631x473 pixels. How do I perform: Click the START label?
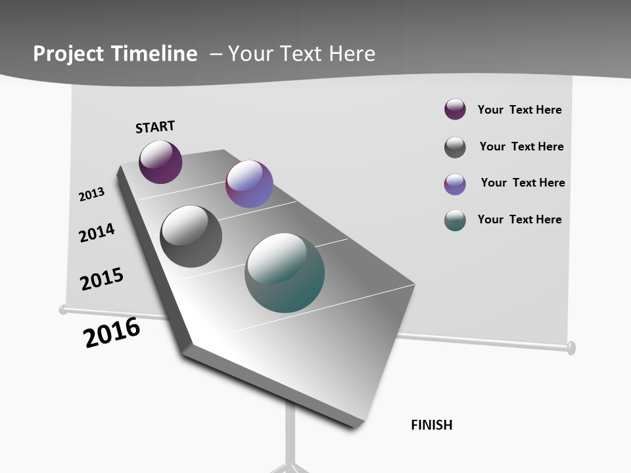click(155, 126)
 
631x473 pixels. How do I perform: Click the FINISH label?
click(432, 425)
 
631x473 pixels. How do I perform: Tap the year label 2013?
click(91, 194)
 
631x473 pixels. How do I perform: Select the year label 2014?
click(97, 233)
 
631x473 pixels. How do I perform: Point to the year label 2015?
click(102, 279)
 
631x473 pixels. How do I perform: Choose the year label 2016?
click(112, 332)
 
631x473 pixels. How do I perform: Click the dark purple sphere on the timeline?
click(160, 162)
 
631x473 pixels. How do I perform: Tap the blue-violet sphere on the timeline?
click(249, 184)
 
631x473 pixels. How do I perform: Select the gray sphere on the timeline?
click(191, 236)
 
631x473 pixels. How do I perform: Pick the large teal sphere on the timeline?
click(285, 273)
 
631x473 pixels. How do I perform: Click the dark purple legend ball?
click(455, 109)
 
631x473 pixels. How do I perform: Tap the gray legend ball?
click(455, 147)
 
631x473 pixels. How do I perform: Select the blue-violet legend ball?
click(455, 184)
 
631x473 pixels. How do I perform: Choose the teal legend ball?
click(455, 220)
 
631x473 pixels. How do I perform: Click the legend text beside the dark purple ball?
click(519, 110)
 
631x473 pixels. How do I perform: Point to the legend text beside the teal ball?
click(519, 219)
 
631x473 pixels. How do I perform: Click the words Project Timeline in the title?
click(115, 53)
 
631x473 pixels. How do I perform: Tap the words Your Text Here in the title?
click(302, 53)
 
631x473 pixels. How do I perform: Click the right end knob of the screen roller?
click(571, 347)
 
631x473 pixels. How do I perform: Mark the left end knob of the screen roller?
click(63, 309)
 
